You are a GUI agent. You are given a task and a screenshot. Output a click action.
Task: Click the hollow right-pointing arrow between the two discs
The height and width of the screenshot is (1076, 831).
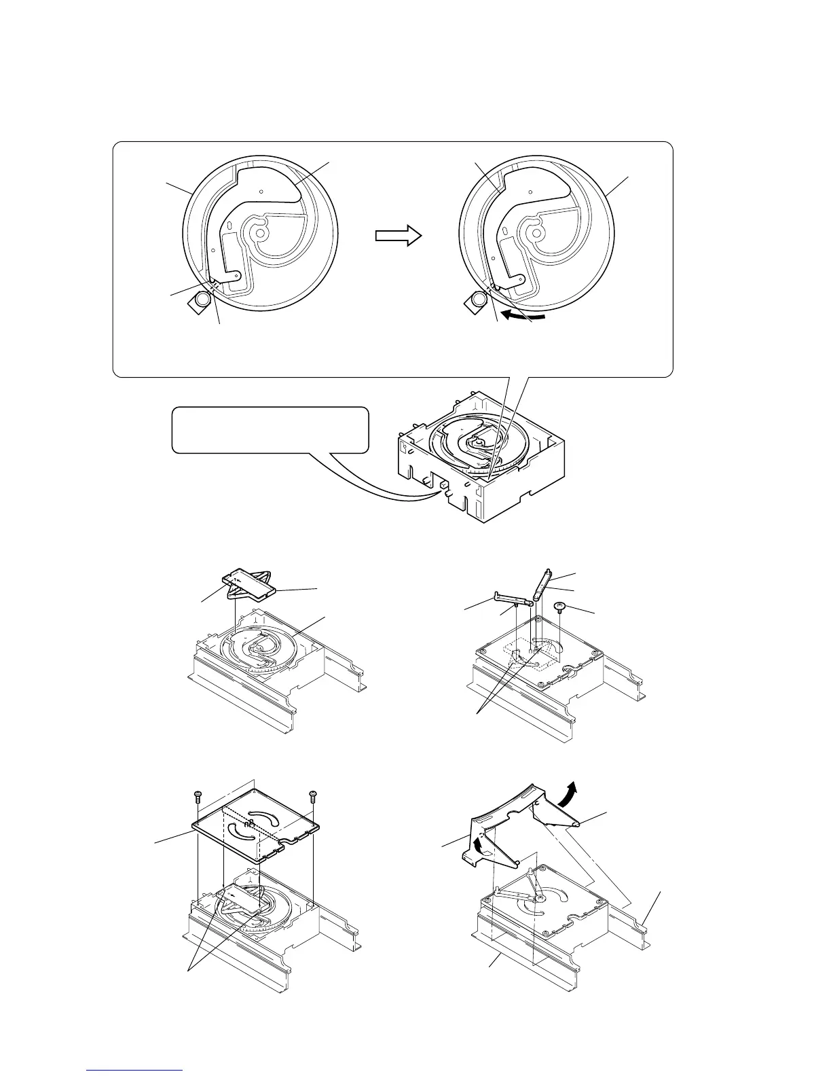(x=398, y=236)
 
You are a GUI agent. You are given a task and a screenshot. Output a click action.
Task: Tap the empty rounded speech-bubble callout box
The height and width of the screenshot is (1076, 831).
(x=270, y=429)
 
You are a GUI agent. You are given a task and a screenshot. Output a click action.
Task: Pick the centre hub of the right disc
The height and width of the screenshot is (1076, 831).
(x=537, y=233)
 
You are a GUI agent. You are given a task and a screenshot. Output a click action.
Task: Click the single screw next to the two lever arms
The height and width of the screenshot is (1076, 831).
(x=561, y=607)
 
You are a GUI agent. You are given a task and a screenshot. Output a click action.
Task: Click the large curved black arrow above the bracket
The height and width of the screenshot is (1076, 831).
(x=570, y=791)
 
